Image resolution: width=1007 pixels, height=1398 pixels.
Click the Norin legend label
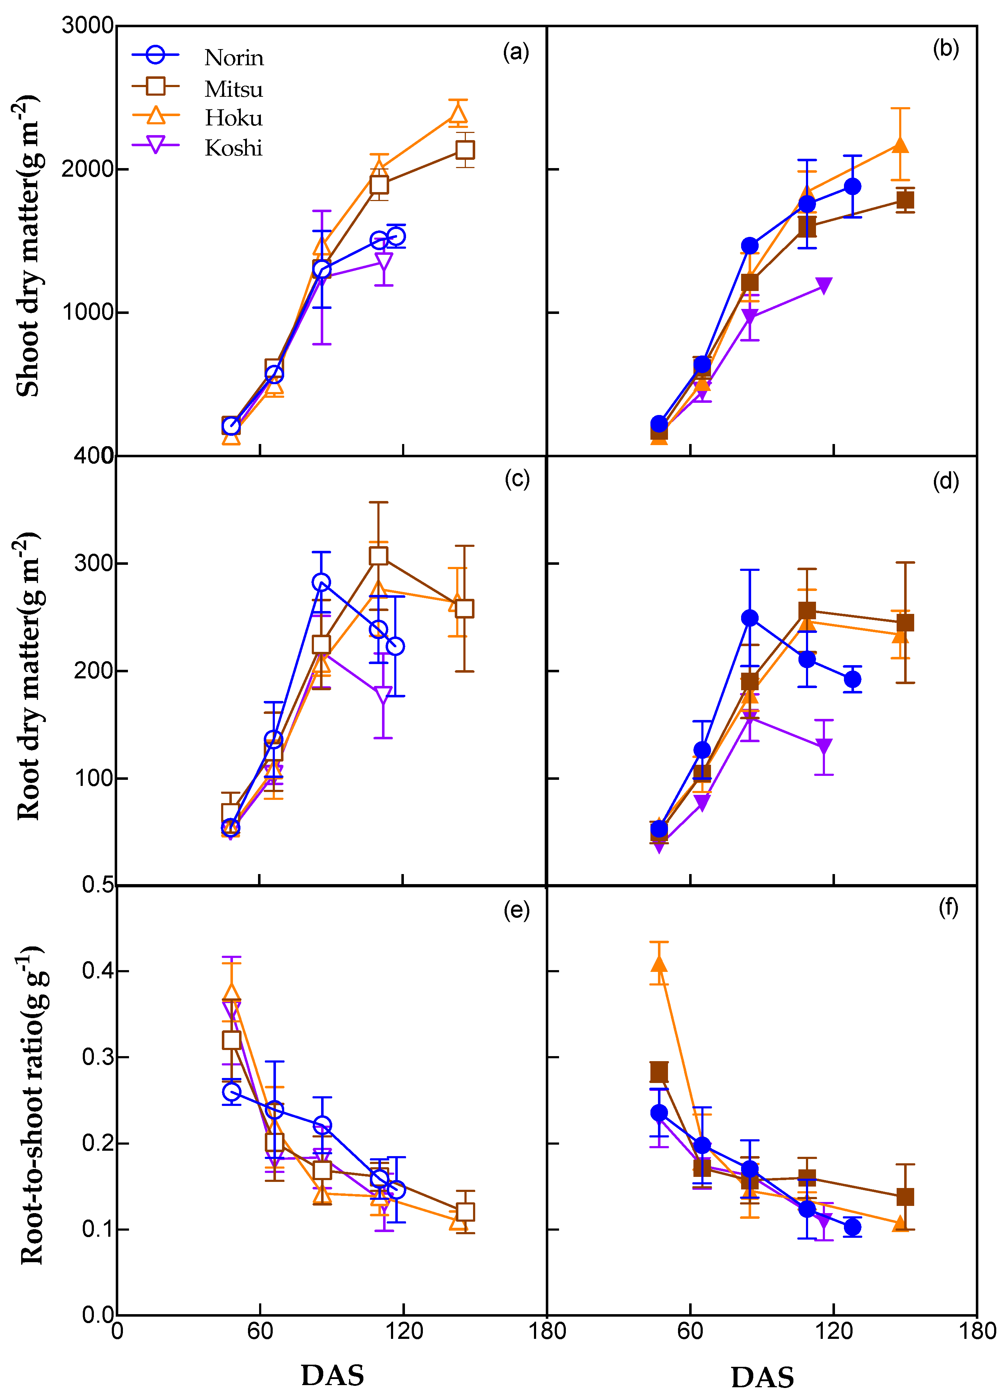tap(234, 58)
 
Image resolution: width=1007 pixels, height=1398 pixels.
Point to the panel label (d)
tap(945, 481)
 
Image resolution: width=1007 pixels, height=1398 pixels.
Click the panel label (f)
tap(948, 907)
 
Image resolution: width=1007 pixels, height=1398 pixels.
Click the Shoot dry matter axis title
tap(28, 247)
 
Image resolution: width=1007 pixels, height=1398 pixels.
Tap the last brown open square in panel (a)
tap(465, 150)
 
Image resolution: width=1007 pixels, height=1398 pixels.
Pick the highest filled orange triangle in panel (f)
tap(659, 963)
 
